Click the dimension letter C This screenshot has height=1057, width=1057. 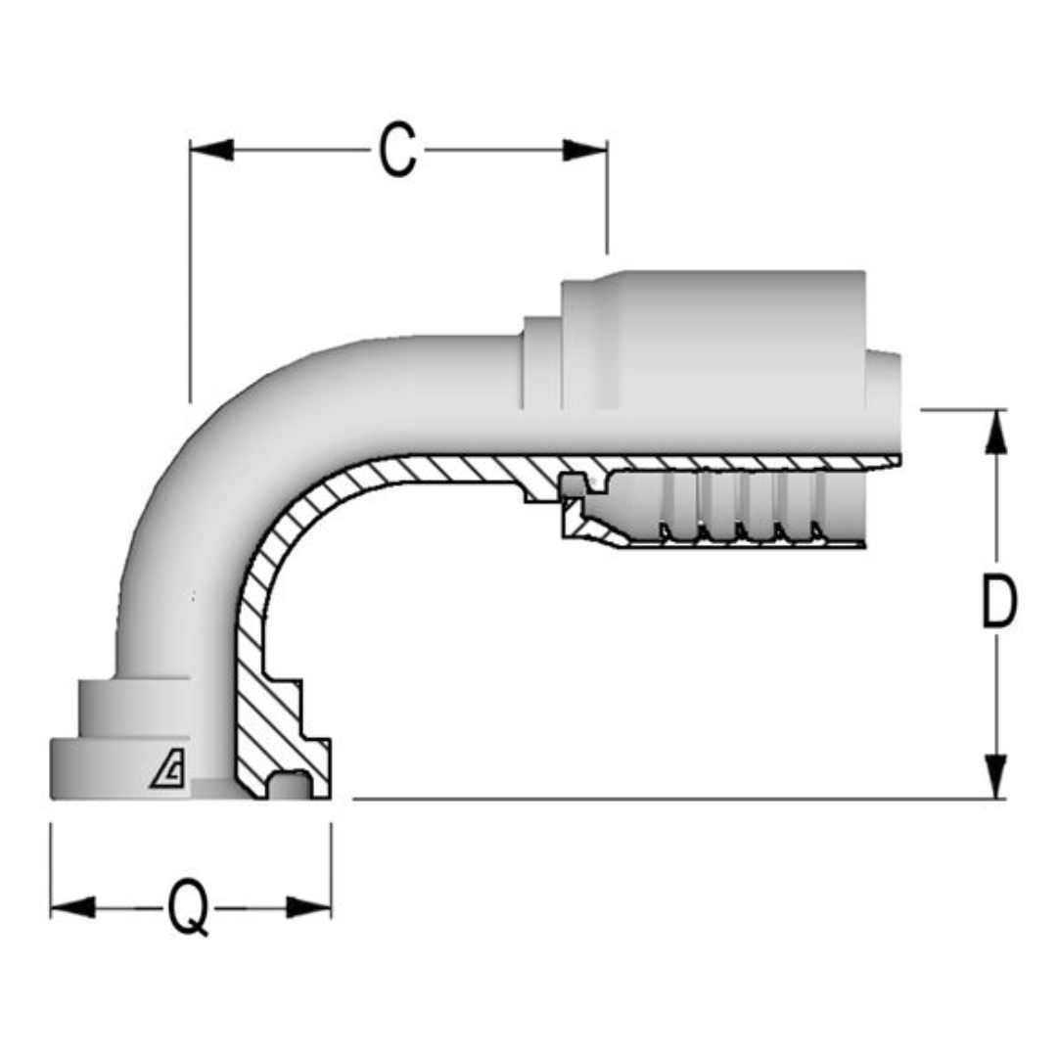397,151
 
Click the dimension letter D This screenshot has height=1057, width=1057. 997,603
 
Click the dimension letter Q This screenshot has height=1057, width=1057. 188,908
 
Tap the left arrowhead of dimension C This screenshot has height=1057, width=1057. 211,150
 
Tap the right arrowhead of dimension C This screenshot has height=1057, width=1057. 585,150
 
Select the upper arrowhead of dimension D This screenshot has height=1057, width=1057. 996,432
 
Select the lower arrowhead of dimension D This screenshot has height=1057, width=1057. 996,776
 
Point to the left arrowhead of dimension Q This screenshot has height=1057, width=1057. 72,907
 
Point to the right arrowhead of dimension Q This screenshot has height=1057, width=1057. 309,907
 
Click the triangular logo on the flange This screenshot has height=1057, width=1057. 168,773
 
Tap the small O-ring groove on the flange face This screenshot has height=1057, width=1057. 293,783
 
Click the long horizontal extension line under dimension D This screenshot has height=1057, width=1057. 666,799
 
